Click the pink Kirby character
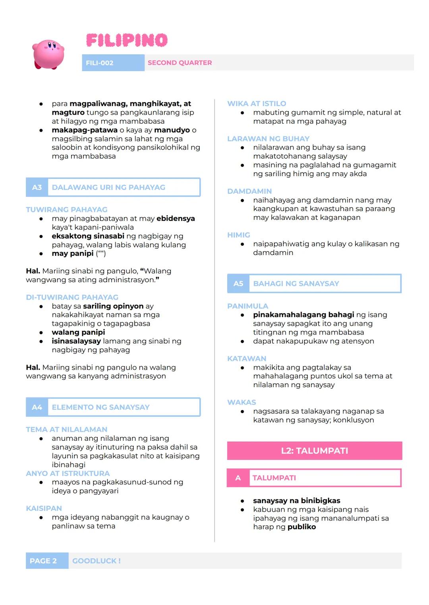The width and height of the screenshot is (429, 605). [48, 54]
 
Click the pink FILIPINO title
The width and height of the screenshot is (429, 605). [127, 40]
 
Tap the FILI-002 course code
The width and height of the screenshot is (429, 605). [100, 63]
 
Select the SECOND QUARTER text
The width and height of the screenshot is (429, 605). [180, 63]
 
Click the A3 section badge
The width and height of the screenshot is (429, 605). [37, 187]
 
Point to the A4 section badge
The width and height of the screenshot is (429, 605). [37, 407]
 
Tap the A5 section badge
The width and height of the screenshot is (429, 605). [238, 284]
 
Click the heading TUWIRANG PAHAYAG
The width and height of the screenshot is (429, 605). [67, 209]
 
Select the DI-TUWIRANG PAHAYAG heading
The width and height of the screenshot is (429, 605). [72, 297]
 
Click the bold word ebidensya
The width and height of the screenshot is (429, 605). [176, 219]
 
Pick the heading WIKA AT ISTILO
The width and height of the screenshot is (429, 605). [257, 104]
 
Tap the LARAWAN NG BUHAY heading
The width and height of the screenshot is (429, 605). [268, 139]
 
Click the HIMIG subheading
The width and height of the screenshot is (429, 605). [239, 235]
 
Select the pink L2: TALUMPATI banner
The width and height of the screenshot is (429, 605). [314, 451]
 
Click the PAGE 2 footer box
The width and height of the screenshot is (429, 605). [43, 561]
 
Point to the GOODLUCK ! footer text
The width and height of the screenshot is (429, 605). [97, 561]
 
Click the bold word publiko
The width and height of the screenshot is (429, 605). [302, 527]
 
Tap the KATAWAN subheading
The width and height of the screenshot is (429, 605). [247, 359]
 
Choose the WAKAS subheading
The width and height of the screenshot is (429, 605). [242, 402]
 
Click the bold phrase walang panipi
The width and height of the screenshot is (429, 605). [78, 332]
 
